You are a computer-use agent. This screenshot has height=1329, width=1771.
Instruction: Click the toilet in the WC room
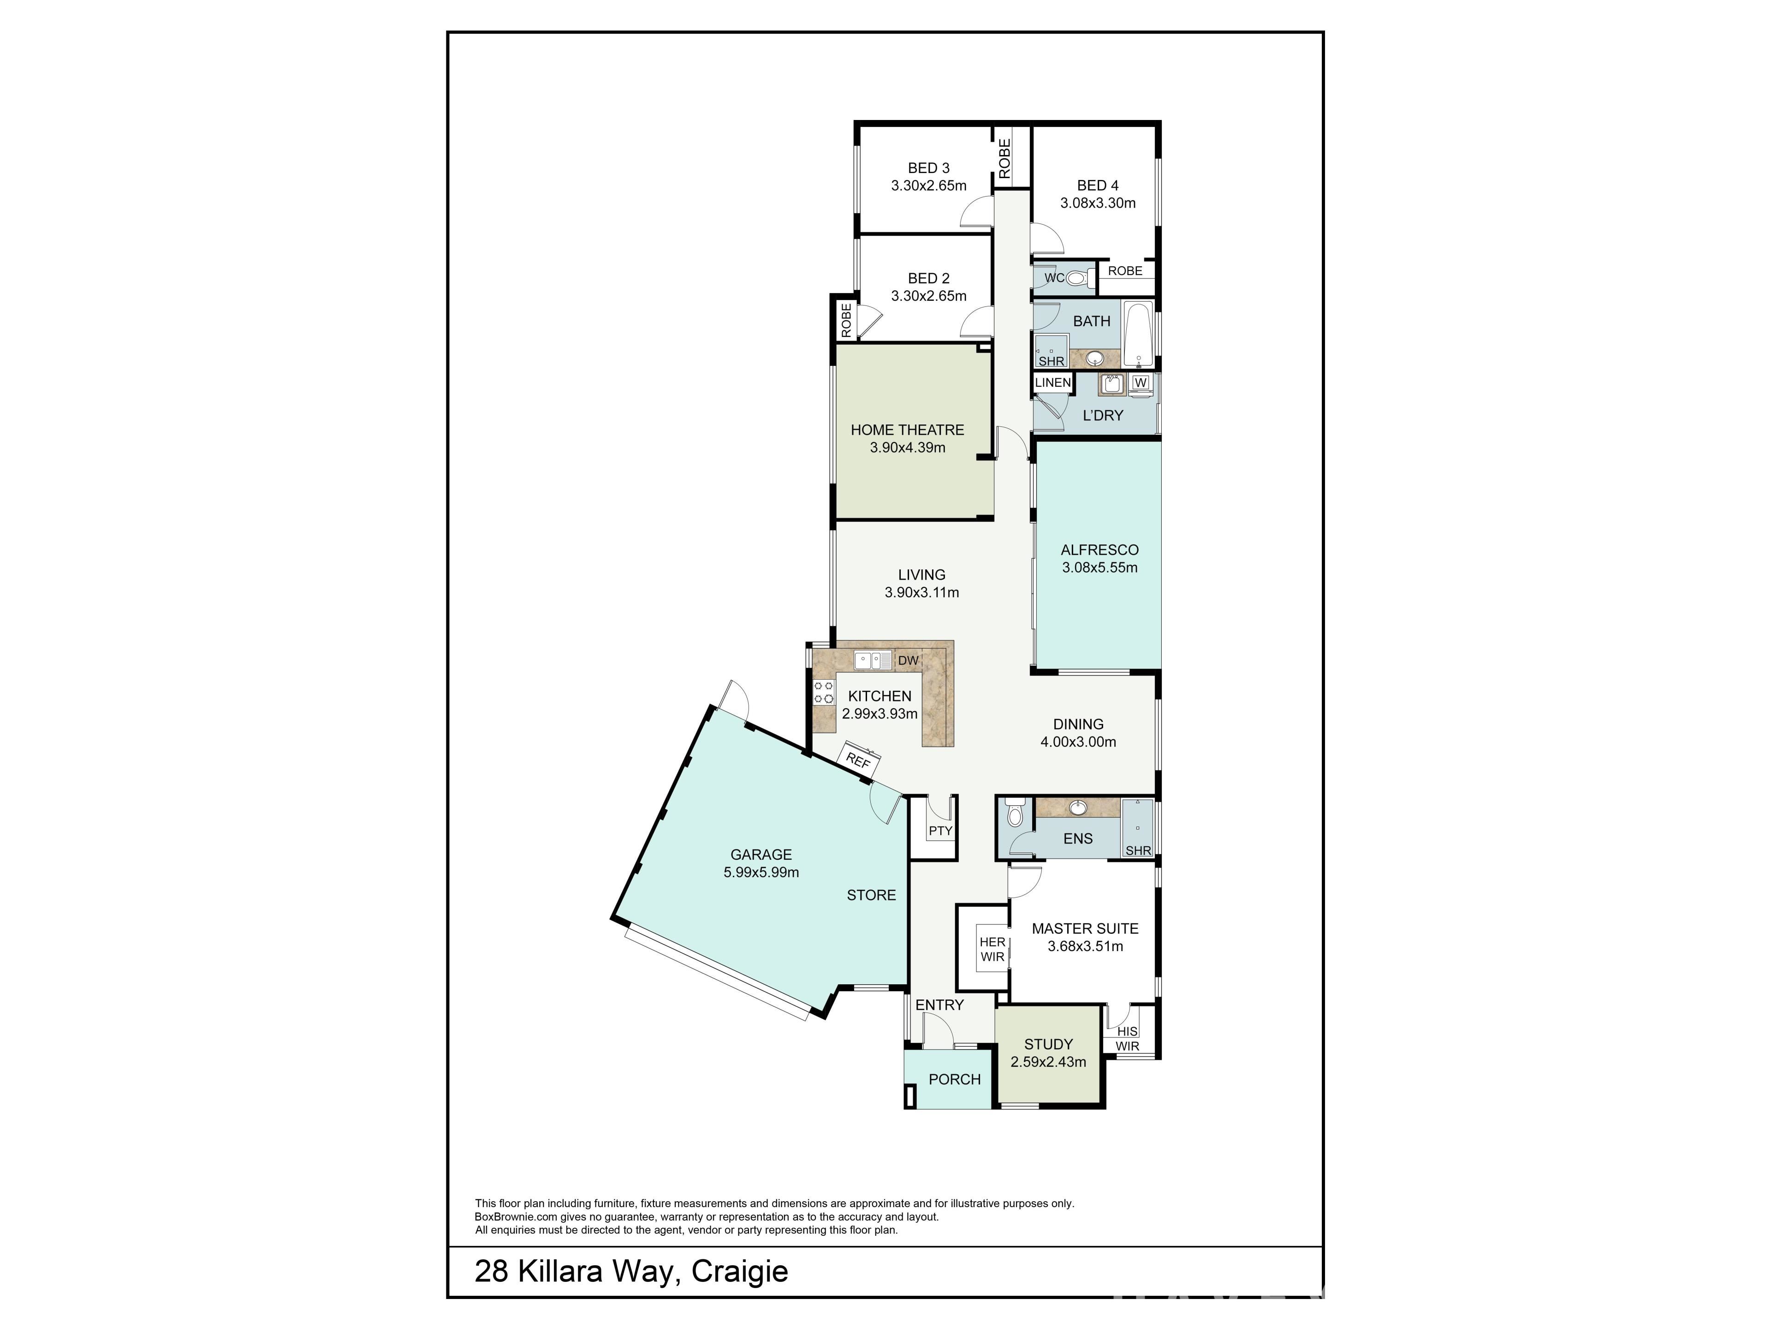click(x=1078, y=278)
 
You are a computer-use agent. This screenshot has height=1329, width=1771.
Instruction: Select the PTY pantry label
click(x=941, y=831)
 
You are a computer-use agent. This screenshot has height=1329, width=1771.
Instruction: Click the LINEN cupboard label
click(x=1053, y=383)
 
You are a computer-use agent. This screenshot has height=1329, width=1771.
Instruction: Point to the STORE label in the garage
click(x=872, y=895)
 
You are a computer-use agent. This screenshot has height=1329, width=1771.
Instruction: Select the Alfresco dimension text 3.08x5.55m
click(x=1100, y=567)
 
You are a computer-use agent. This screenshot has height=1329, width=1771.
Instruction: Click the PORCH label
click(x=954, y=1079)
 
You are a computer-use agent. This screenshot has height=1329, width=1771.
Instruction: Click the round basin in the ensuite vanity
click(x=1078, y=808)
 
